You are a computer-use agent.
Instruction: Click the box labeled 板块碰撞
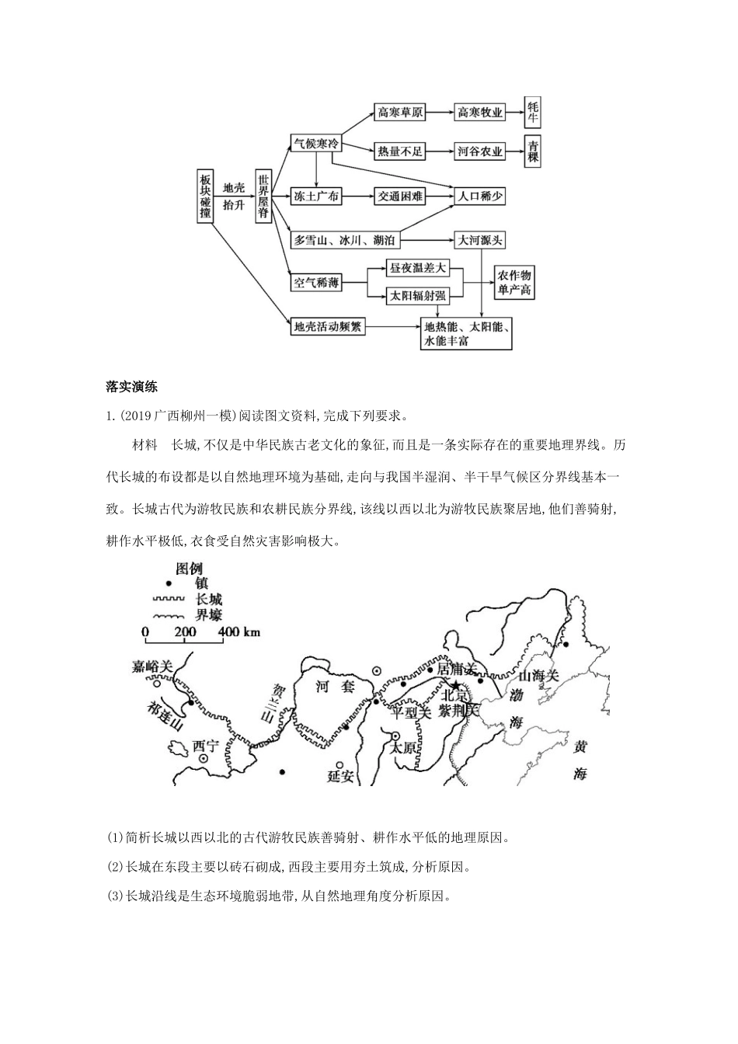point(204,197)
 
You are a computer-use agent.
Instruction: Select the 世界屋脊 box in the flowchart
point(264,197)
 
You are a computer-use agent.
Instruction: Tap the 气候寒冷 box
point(315,144)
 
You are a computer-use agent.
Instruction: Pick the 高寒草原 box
point(400,113)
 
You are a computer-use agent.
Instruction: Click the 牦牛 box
point(533,113)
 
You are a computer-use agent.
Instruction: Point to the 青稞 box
point(533,152)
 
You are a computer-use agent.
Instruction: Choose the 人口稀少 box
point(480,197)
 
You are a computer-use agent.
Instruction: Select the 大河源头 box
point(480,240)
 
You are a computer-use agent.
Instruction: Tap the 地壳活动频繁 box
point(327,327)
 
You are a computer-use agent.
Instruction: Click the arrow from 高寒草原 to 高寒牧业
point(440,113)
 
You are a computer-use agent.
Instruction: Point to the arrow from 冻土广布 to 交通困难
point(358,197)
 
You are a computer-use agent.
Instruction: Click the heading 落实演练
point(131,387)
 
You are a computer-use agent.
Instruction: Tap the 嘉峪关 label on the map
point(151,666)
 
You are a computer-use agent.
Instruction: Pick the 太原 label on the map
point(404,749)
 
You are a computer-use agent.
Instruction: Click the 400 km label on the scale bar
point(239,632)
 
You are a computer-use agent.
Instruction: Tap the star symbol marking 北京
point(446,684)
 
